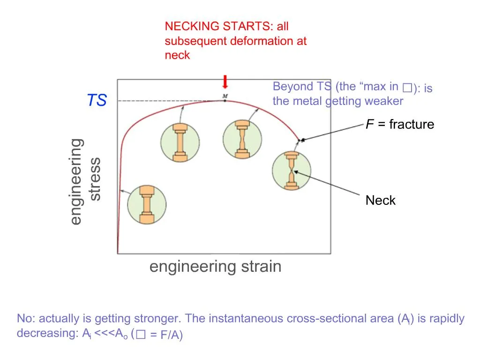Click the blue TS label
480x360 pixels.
pyautogui.click(x=97, y=100)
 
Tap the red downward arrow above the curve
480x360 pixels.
pyautogui.click(x=225, y=82)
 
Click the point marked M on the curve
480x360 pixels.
pyautogui.click(x=225, y=100)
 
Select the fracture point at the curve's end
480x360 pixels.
pyautogui.click(x=301, y=140)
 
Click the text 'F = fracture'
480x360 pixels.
pyautogui.click(x=399, y=124)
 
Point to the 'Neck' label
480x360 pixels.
pyautogui.click(x=380, y=201)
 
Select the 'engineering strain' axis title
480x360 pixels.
pyautogui.click(x=215, y=267)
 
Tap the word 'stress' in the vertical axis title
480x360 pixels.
pyautogui.click(x=95, y=179)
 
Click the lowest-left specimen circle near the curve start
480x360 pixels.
pyautogui.click(x=147, y=205)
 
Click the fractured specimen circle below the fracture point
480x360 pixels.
pyautogui.click(x=291, y=171)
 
